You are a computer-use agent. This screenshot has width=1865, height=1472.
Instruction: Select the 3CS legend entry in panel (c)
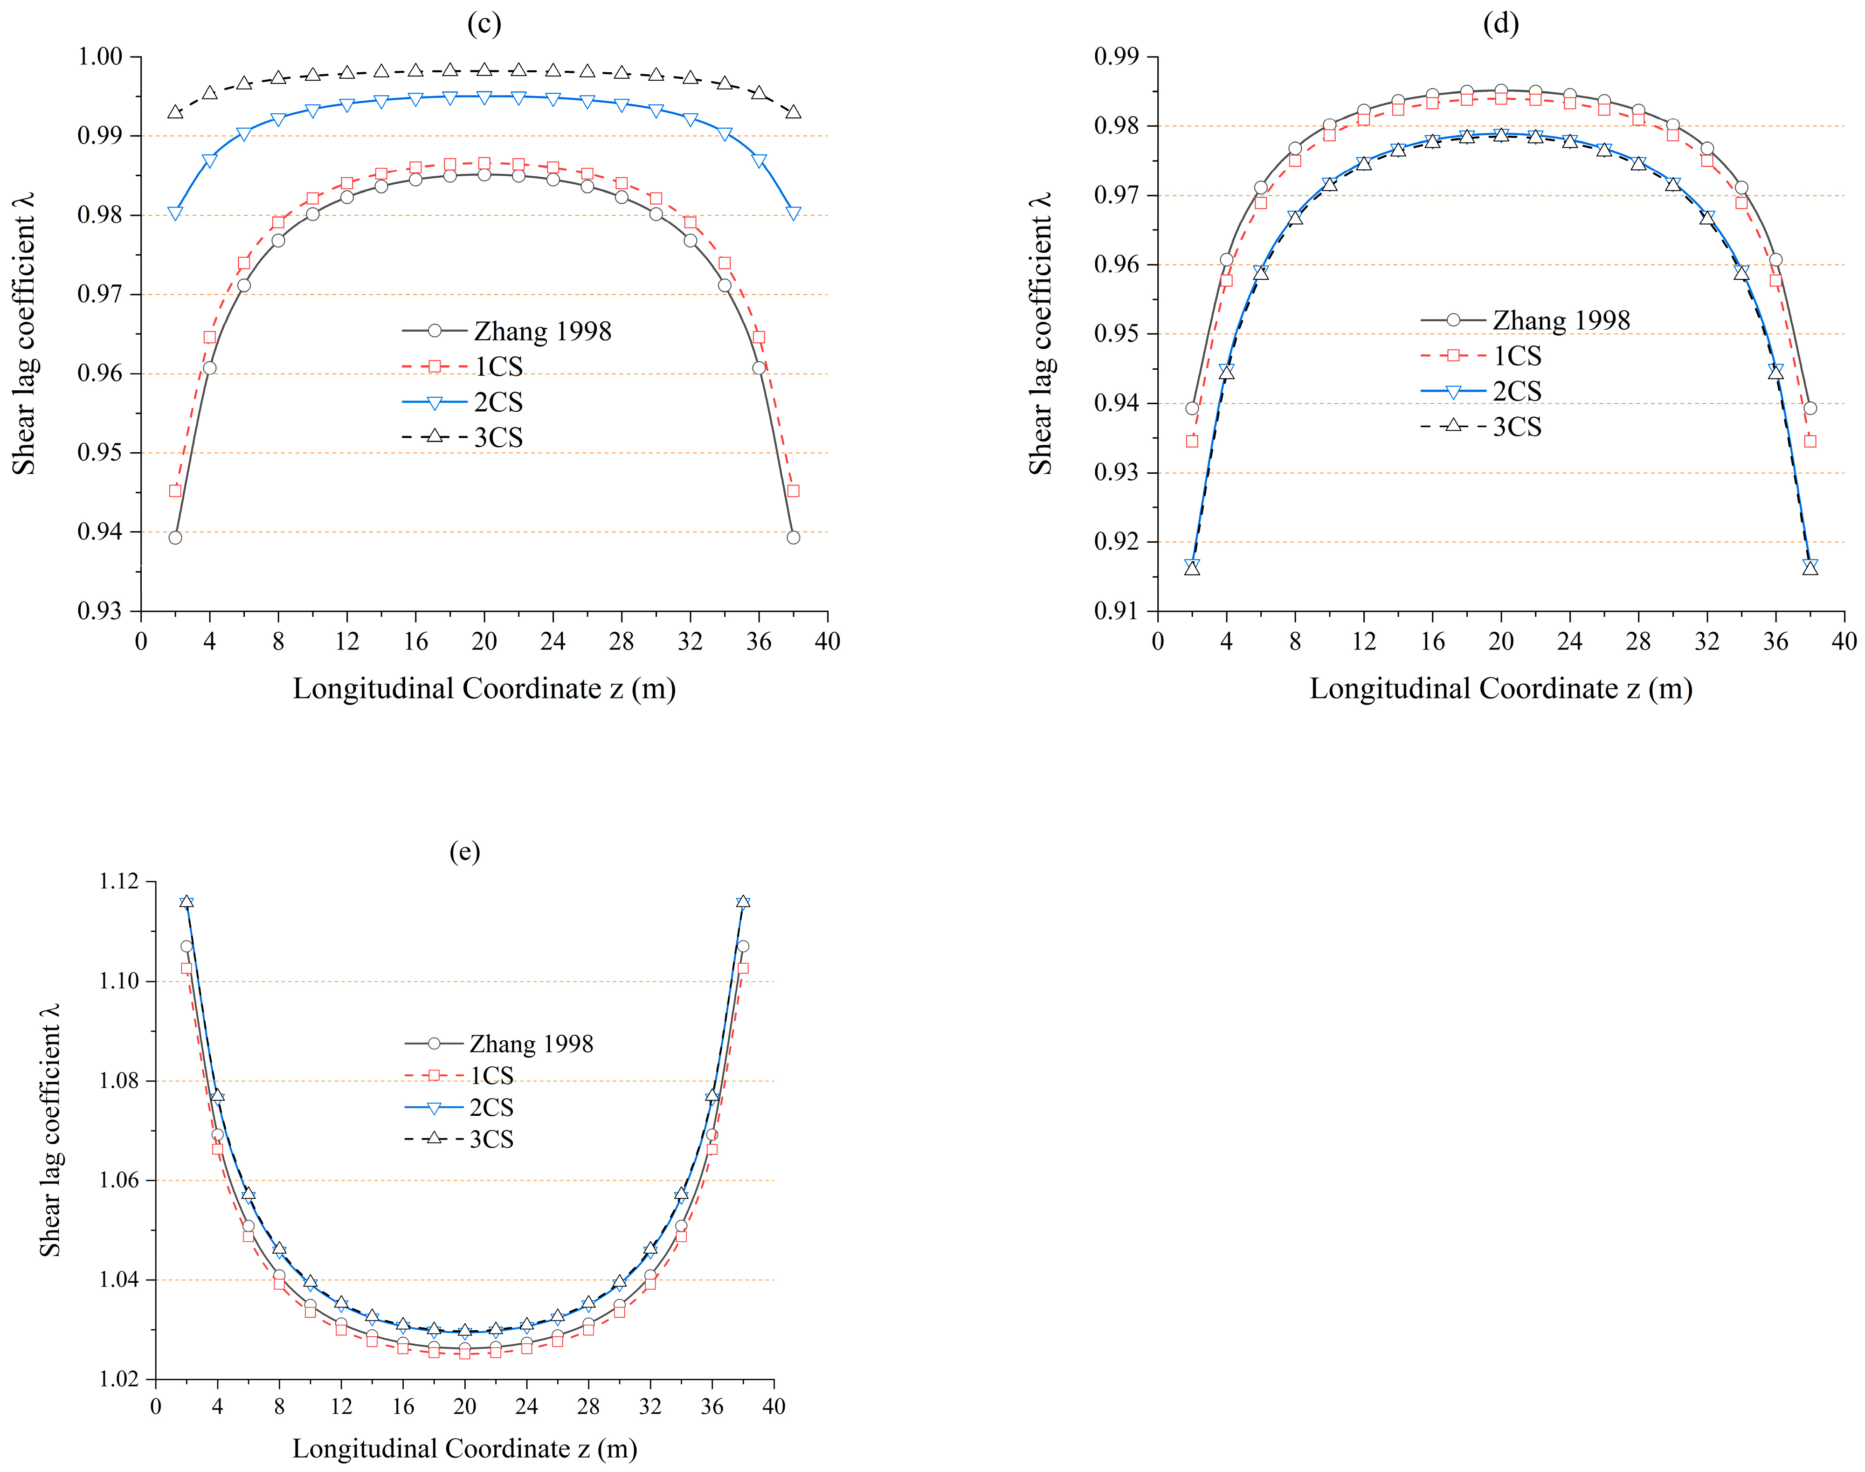pos(498,438)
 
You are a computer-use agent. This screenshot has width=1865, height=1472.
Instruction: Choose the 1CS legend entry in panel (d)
pos(1517,356)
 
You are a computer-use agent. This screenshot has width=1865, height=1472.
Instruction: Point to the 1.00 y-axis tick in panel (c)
pos(100,57)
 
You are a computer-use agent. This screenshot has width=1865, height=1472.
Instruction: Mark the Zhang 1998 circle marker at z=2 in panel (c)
pos(175,538)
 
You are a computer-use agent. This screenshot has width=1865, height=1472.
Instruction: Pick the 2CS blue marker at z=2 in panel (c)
pos(175,213)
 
